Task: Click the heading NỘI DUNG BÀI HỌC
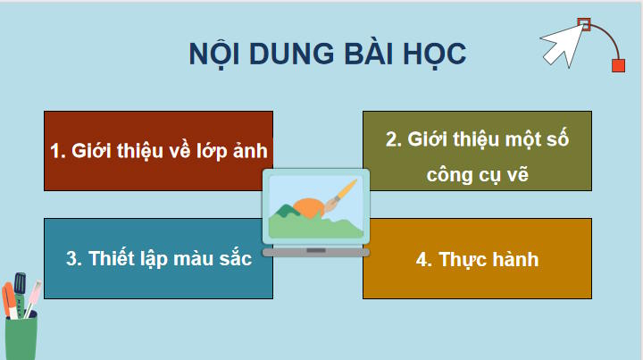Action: [x=327, y=53]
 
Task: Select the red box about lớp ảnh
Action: [x=158, y=150]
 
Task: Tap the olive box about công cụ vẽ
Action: [x=477, y=150]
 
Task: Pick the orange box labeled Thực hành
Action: [x=477, y=258]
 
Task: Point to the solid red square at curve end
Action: [x=617, y=65]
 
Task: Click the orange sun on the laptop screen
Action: [x=309, y=208]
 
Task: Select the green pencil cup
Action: [x=21, y=338]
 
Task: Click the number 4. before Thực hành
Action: [x=424, y=260]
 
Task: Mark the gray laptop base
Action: [x=315, y=252]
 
